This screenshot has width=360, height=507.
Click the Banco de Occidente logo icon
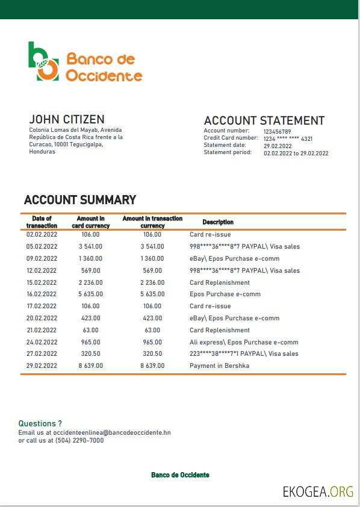click(43, 61)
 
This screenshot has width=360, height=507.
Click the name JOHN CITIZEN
click(67, 119)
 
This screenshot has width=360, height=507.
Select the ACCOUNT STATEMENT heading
click(264, 120)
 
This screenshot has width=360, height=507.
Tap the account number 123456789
click(277, 131)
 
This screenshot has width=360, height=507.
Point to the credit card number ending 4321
click(288, 138)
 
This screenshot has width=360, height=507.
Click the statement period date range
click(296, 153)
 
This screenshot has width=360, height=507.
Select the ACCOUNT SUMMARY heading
click(80, 200)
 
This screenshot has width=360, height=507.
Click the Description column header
click(218, 222)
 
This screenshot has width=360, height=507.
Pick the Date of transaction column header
click(42, 222)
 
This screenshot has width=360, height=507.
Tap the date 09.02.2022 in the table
click(42, 258)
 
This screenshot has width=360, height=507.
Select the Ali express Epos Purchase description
click(244, 342)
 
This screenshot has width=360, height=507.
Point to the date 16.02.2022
click(42, 294)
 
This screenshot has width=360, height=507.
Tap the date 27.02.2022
click(42, 353)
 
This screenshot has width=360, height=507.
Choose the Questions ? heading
click(40, 424)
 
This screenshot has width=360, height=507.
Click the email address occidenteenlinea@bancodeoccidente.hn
click(107, 432)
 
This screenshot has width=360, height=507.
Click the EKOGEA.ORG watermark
click(318, 492)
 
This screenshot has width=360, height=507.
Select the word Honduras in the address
click(42, 152)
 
